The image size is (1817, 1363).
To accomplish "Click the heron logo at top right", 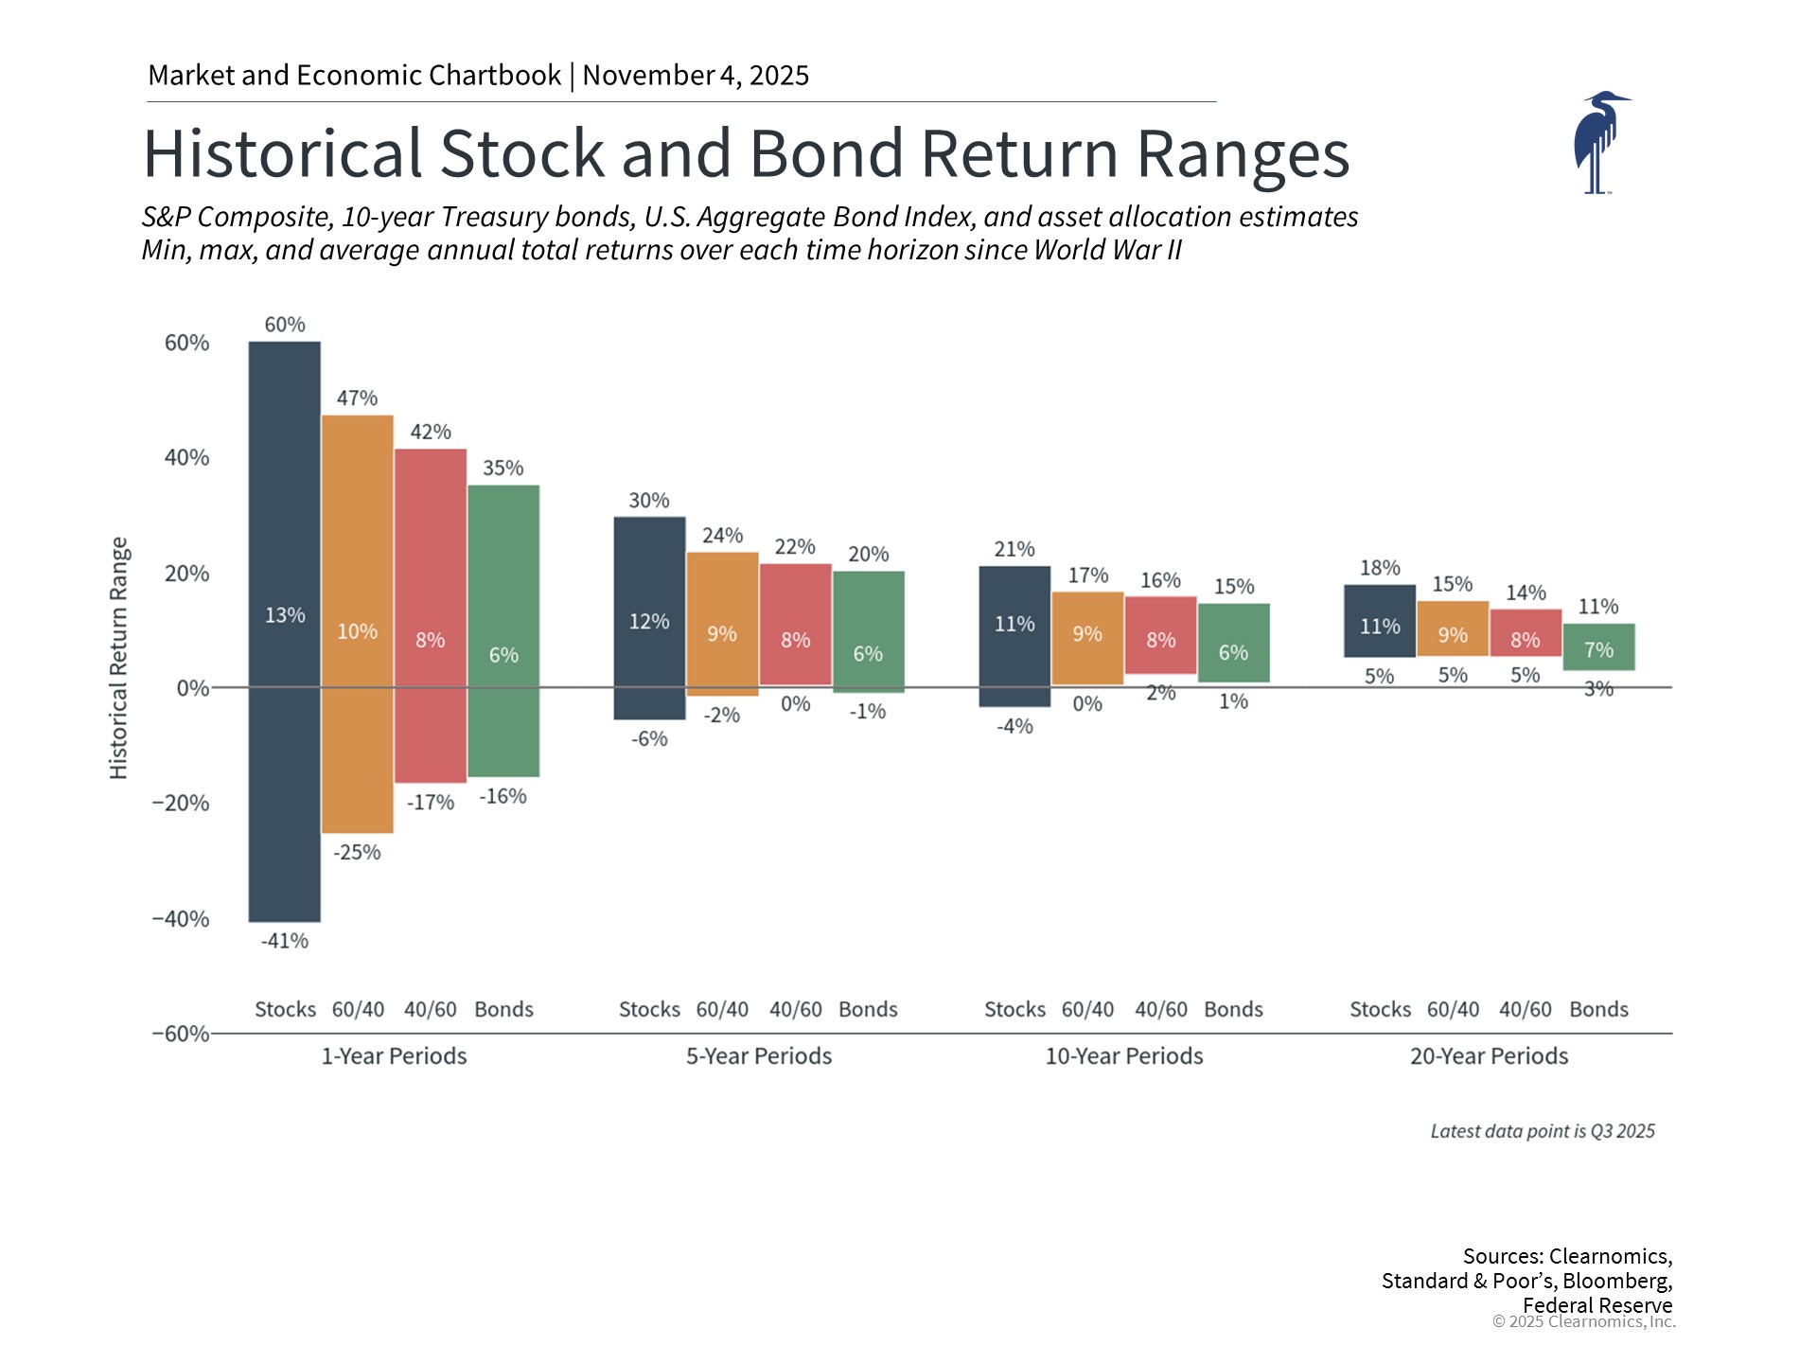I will click(x=1599, y=142).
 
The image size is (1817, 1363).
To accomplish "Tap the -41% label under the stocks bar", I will click(x=285, y=941).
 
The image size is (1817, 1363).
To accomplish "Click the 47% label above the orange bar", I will click(x=357, y=398).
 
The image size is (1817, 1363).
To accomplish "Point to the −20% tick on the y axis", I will click(x=181, y=804).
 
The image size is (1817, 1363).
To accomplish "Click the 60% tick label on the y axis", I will click(x=186, y=343).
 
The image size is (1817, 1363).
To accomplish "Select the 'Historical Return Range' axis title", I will click(x=118, y=658).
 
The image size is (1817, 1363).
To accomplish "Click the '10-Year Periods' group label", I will click(x=1123, y=1056).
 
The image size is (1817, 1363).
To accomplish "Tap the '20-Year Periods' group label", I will click(x=1489, y=1056).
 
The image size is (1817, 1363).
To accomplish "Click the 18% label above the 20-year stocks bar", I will click(x=1380, y=568).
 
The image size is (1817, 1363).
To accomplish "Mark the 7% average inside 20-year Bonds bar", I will click(x=1598, y=650).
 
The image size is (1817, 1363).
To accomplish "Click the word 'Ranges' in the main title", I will click(x=1242, y=154).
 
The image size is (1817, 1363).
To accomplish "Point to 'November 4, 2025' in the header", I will click(x=696, y=76).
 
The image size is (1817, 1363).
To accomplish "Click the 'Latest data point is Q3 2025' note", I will click(x=1542, y=1131).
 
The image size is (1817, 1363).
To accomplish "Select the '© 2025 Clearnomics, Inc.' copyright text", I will click(x=1583, y=1321).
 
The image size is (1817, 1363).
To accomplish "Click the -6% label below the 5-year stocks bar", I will click(x=649, y=739).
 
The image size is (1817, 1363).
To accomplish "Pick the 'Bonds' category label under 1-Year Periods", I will click(x=503, y=1010).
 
